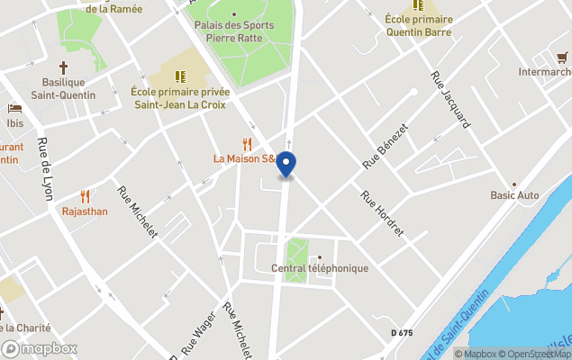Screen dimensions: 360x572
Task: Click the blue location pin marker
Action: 286,165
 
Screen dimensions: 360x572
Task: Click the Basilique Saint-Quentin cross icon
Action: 63,67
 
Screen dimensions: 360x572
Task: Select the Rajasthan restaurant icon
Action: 85,195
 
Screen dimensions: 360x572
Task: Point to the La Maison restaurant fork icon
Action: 246,143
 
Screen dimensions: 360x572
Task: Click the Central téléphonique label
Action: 319,268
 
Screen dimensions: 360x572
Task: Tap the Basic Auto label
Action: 514,195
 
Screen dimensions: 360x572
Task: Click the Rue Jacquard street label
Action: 450,98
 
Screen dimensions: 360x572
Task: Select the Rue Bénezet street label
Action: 385,147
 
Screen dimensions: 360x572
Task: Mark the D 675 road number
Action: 402,333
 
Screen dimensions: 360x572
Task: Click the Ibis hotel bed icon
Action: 14,108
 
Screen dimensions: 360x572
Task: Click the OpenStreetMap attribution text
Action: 537,354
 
